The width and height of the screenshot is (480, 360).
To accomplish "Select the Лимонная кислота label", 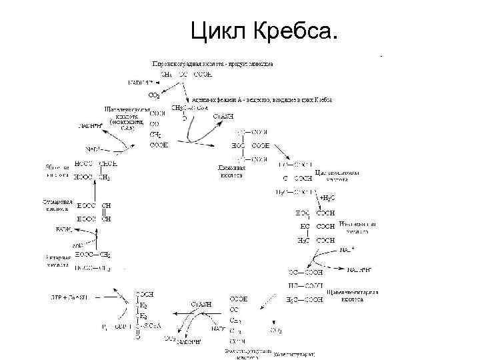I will pos(231,171).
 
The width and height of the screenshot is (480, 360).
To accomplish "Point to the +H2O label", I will pos(328,198).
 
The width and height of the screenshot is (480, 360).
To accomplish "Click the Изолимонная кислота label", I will pos(357,227).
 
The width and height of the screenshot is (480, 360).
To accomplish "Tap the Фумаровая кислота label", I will pos(56,203).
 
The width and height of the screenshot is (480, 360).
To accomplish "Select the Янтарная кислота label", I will pos(57,260).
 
